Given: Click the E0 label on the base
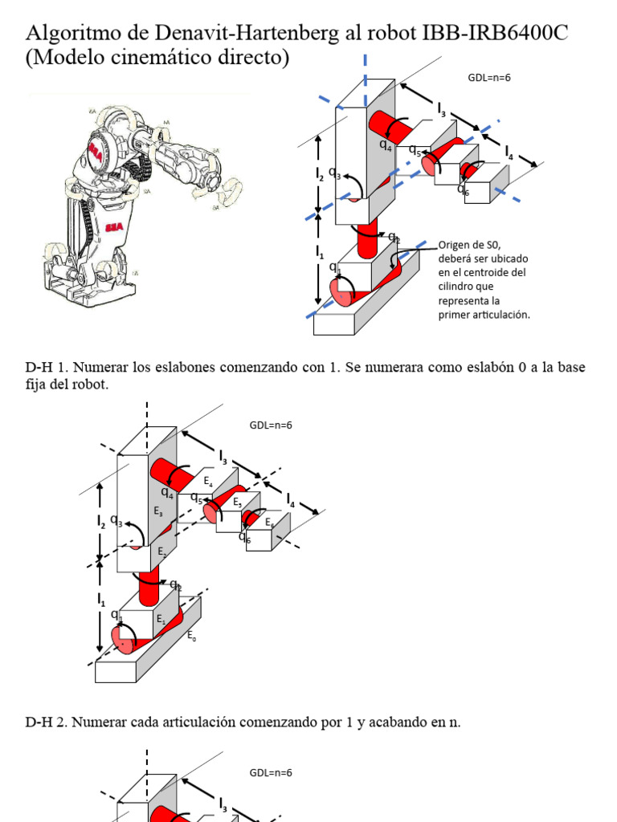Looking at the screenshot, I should tap(191, 637).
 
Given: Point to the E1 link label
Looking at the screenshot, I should tap(161, 619).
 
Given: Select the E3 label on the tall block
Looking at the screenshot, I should tap(158, 510).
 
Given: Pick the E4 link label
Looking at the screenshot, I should tap(208, 482).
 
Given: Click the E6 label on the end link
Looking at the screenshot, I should tap(269, 523).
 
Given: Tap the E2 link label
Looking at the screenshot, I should tap(161, 552).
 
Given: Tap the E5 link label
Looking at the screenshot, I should tap(237, 503).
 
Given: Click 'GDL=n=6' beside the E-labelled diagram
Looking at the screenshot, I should tap(271, 425).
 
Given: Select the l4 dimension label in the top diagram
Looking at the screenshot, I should tap(509, 153).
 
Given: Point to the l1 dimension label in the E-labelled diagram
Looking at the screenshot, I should tap(101, 600).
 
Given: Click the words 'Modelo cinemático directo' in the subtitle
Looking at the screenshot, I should tap(157, 59).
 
